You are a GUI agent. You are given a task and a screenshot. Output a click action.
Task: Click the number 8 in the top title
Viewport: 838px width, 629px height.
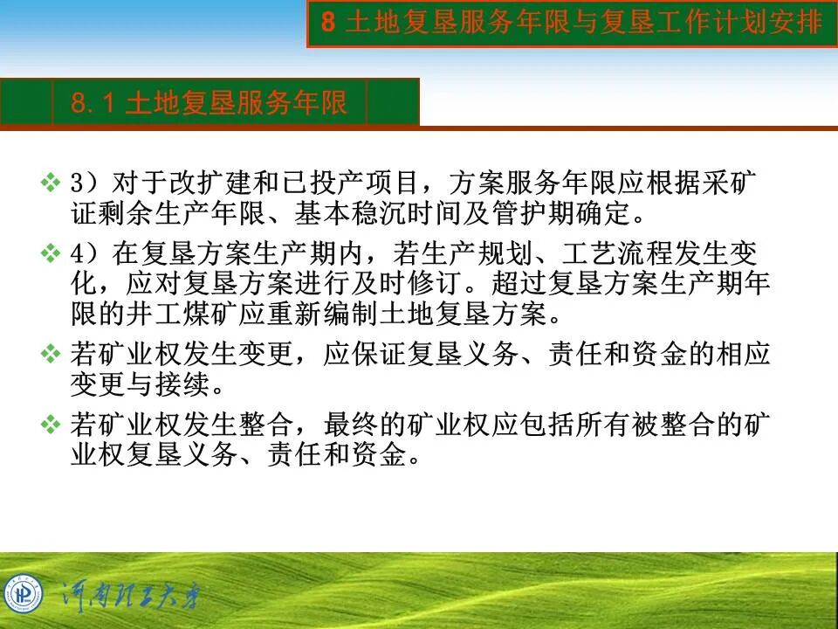pyautogui.click(x=328, y=23)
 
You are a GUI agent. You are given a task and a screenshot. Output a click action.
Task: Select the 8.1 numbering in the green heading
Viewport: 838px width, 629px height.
pyautogui.click(x=93, y=103)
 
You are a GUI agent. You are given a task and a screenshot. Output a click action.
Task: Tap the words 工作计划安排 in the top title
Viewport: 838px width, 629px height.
pyautogui.click(x=741, y=23)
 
